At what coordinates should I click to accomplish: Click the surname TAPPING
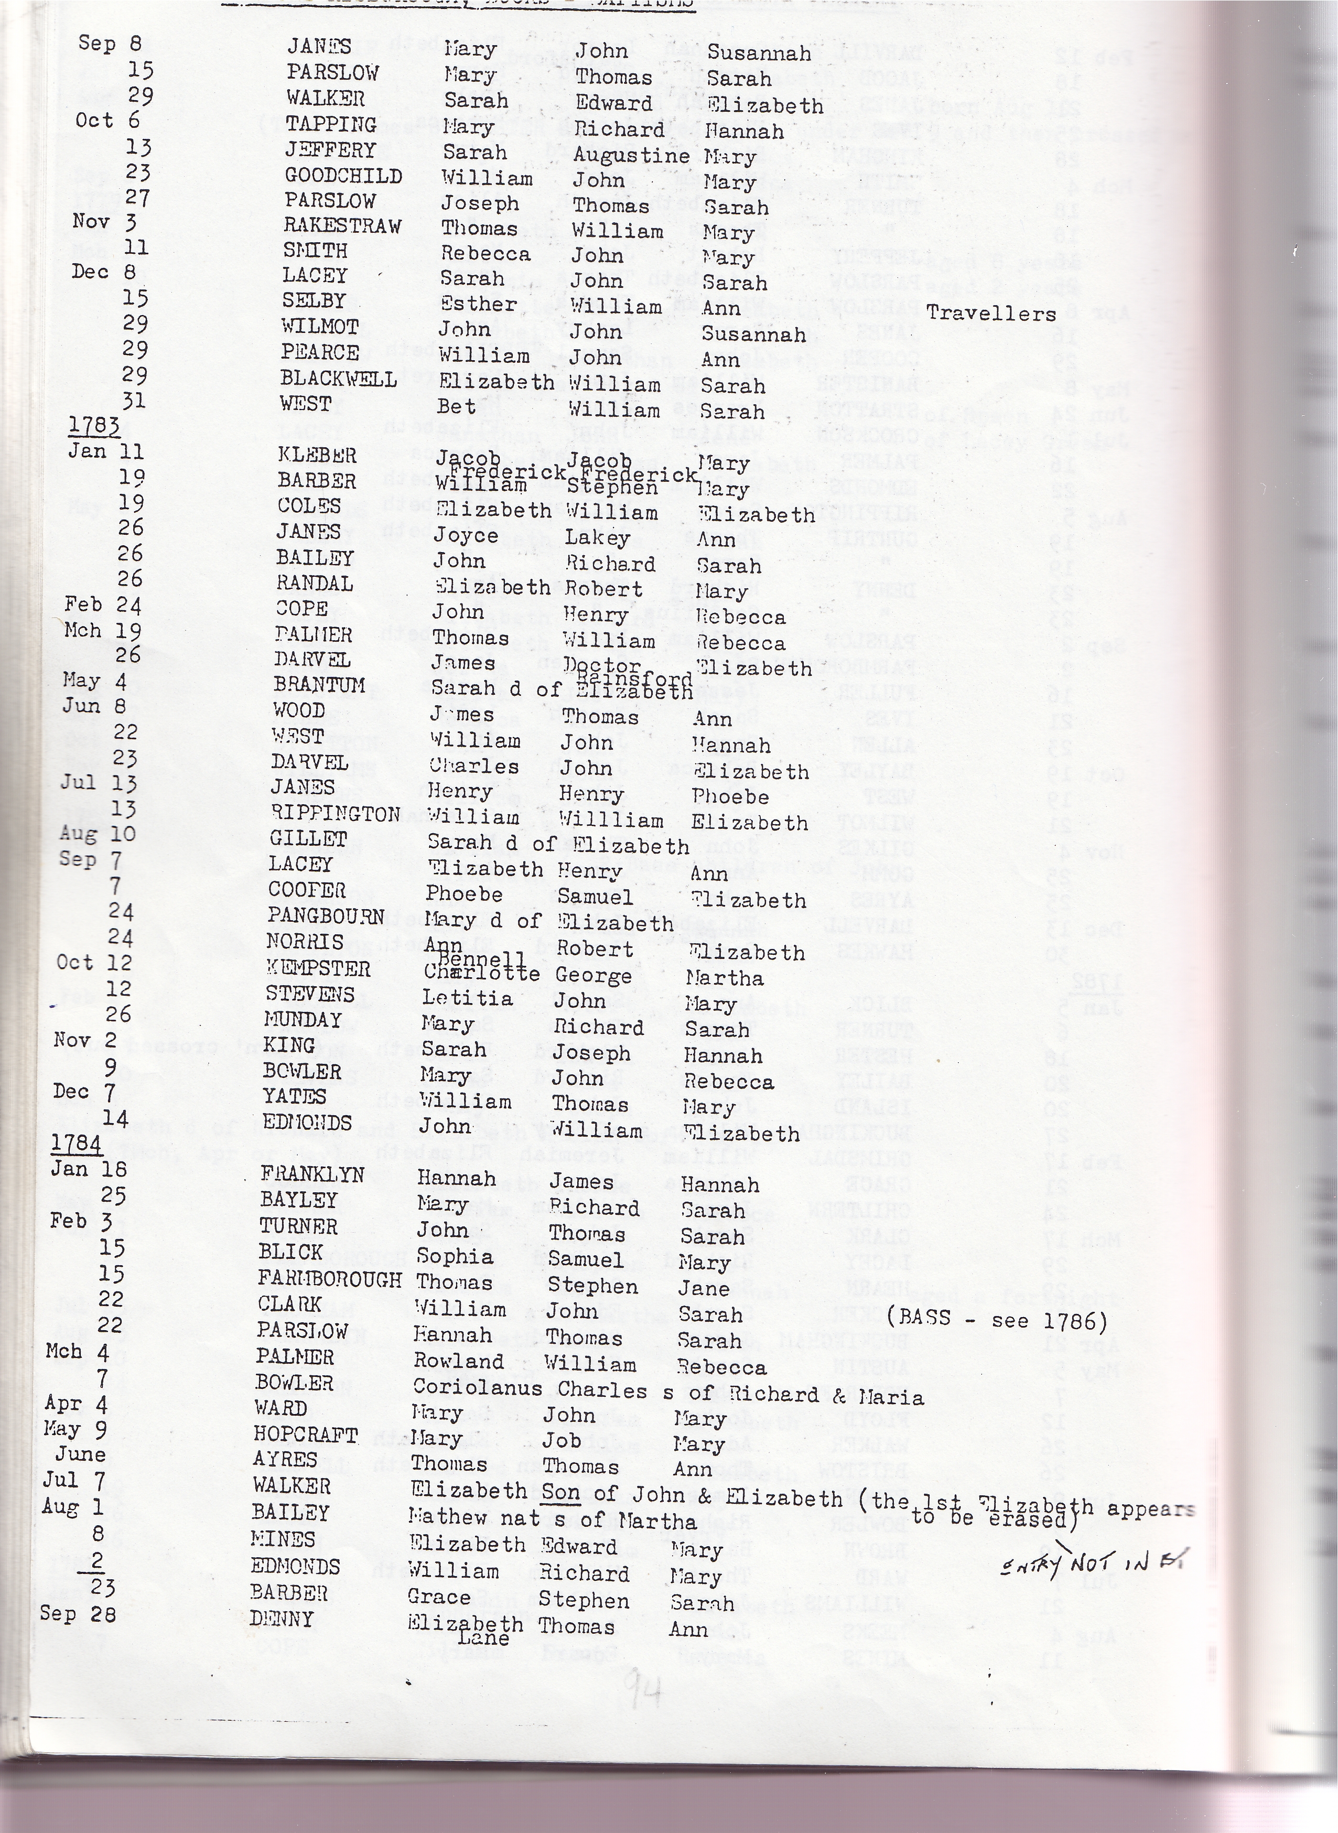[330, 125]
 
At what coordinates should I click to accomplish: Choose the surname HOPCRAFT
[305, 1435]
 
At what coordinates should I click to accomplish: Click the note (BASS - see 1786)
[996, 1321]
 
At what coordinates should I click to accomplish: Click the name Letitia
[467, 998]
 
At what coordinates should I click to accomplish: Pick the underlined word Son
[560, 1492]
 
